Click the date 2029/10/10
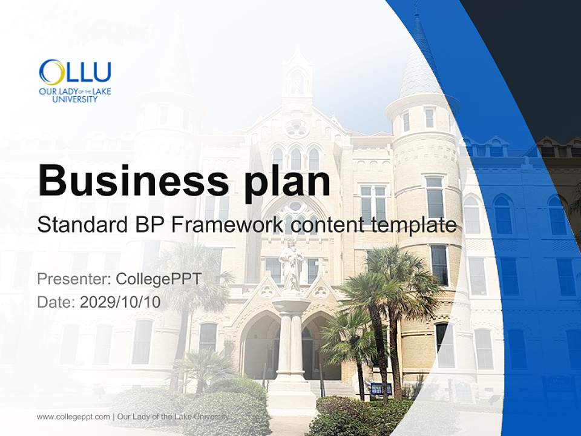[x=120, y=302]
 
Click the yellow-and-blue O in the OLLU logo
[x=51, y=72]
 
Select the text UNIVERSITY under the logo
[x=74, y=99]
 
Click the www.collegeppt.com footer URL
[x=73, y=417]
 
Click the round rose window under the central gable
[x=297, y=128]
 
